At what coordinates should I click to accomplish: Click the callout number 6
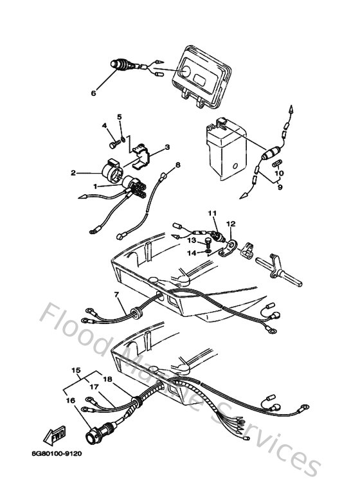point(93,93)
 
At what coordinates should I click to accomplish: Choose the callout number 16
point(69,401)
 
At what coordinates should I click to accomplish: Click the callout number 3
point(167,147)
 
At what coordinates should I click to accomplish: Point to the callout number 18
point(107,380)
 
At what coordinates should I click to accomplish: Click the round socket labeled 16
point(103,429)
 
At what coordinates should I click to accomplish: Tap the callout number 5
point(119,116)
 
